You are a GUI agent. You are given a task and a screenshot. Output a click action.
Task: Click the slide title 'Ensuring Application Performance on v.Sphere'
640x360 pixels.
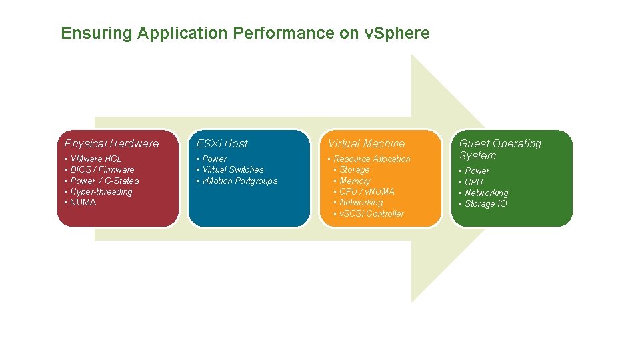point(245,33)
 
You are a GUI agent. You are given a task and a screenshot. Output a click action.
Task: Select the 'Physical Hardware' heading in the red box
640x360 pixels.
point(111,143)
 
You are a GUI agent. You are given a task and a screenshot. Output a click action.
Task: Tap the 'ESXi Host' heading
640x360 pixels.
point(221,143)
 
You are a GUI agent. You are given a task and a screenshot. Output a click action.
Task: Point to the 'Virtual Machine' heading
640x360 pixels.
point(366,143)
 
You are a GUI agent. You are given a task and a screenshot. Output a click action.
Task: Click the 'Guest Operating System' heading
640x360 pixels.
point(500,149)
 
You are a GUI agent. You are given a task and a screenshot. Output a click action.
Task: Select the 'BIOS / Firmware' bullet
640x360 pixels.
point(102,170)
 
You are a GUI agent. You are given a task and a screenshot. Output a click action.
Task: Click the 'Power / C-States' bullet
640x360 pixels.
point(104,181)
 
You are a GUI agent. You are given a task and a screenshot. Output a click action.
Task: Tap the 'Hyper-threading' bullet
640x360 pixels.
point(101,192)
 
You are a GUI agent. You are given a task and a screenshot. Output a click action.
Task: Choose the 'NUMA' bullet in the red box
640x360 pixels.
point(83,203)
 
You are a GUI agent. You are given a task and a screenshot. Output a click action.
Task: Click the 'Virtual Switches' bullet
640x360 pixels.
point(233,170)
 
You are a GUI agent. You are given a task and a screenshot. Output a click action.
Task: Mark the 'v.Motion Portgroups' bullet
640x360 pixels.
point(239,181)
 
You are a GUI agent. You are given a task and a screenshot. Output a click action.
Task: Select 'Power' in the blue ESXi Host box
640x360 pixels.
point(214,159)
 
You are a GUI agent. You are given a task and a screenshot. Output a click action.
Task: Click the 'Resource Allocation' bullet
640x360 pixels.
point(371,159)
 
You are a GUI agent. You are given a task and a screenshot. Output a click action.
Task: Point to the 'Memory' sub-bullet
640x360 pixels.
point(355,181)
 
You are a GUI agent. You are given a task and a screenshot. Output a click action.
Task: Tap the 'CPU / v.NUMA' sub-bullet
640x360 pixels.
point(367,191)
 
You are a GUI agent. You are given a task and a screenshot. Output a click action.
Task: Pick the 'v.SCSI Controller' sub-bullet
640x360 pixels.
point(371,213)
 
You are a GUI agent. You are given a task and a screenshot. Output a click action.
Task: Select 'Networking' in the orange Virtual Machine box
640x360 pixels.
point(361,203)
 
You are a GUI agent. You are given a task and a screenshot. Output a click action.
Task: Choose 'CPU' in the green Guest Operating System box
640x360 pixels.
point(474,182)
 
